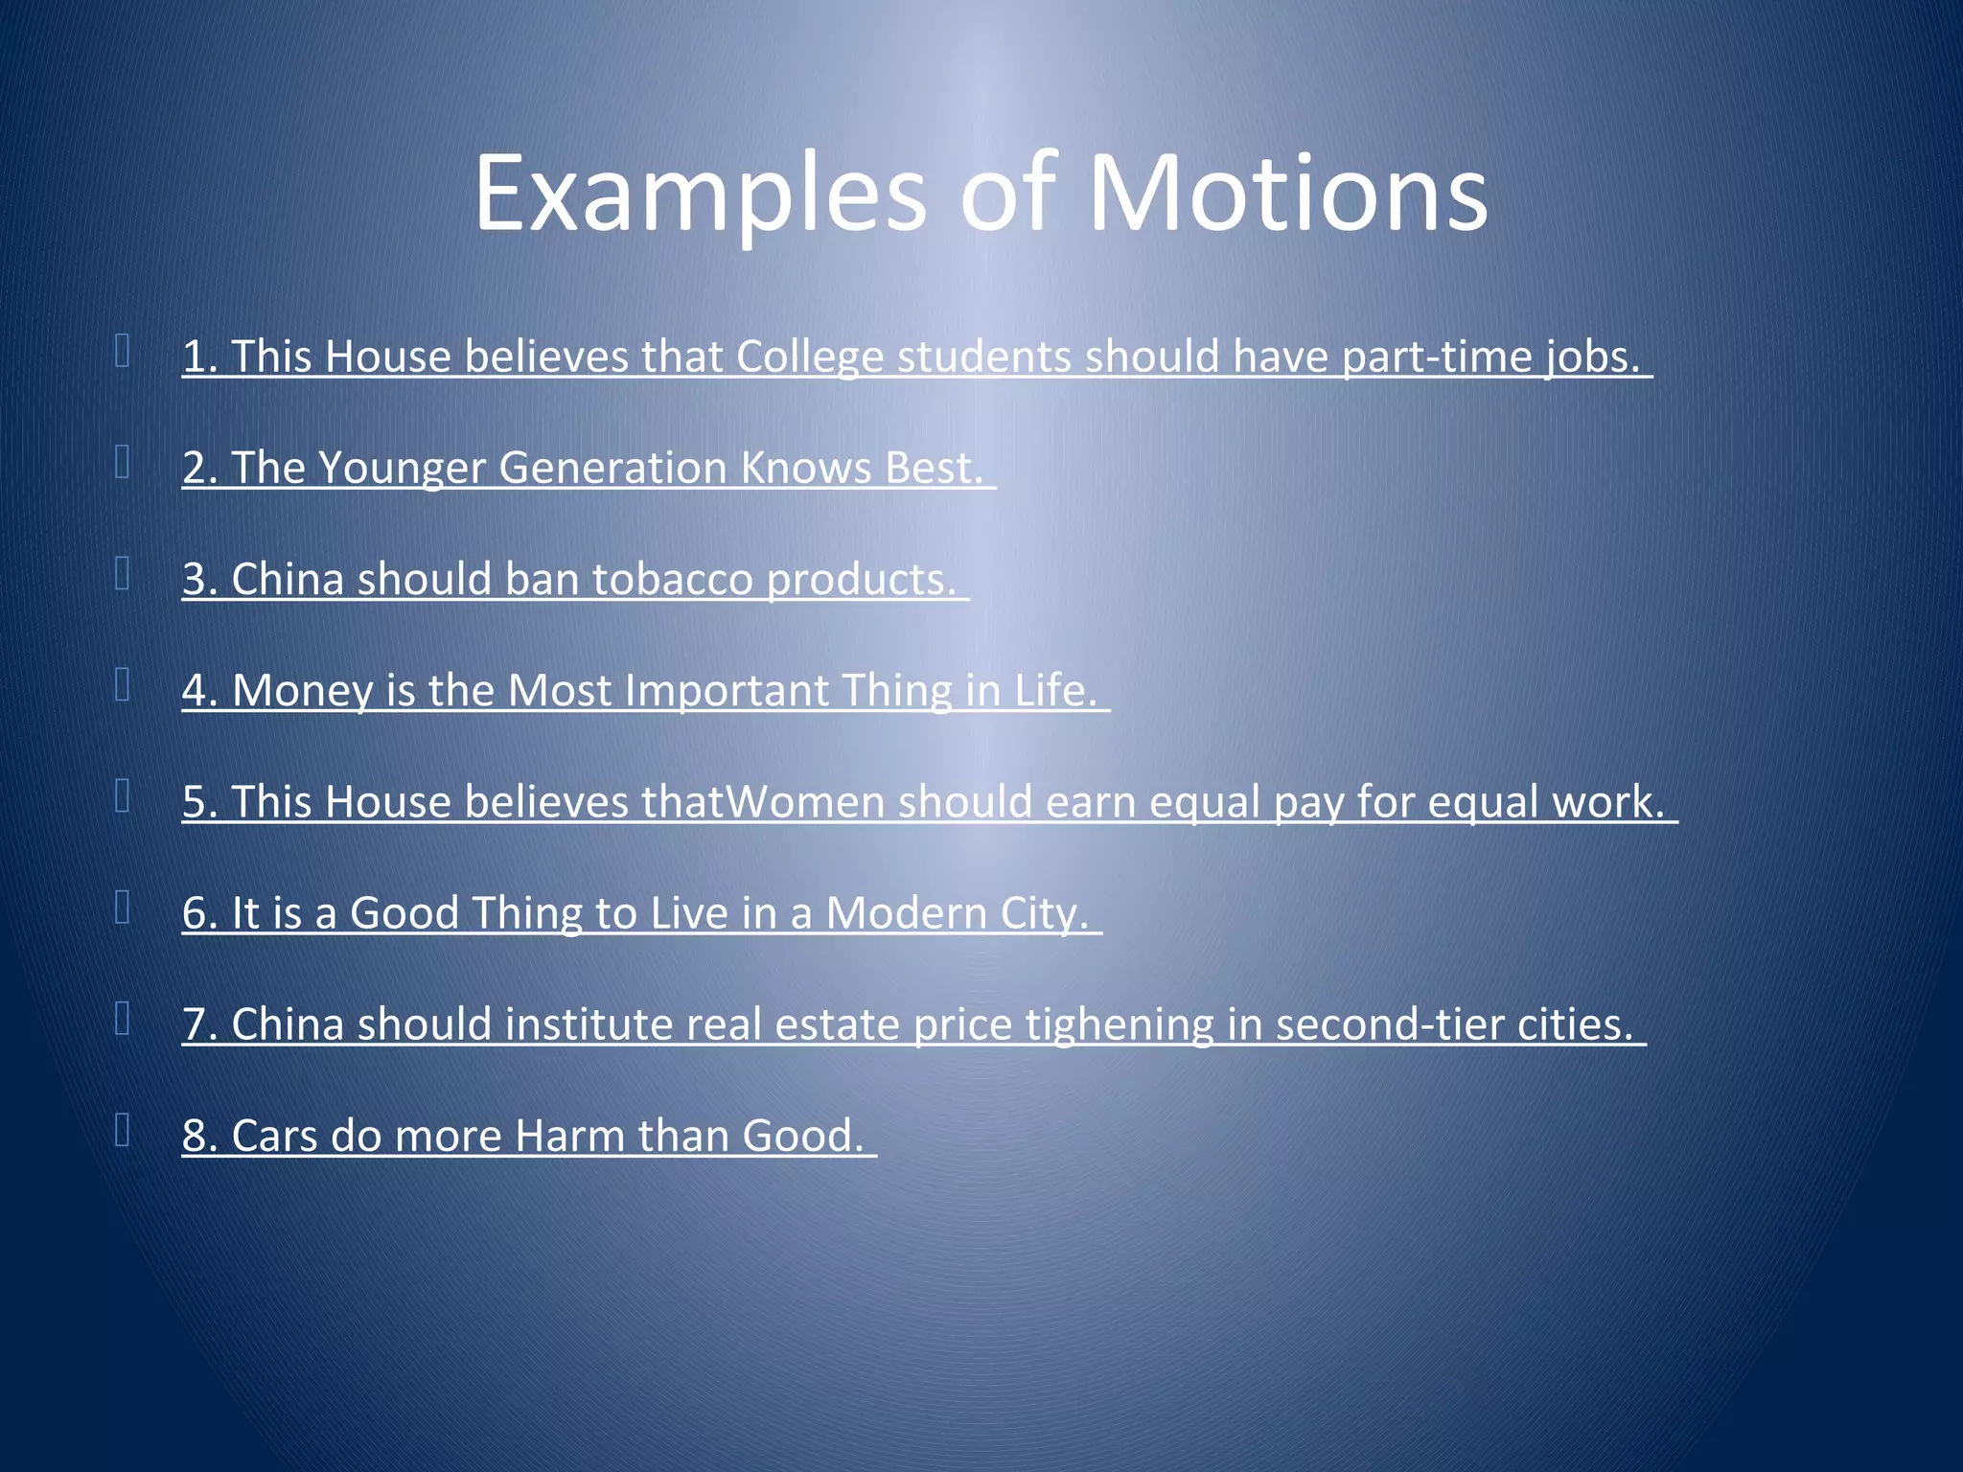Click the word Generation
click(x=612, y=469)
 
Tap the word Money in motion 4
click(x=303, y=691)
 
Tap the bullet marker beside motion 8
click(x=122, y=1130)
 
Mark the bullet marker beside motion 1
click(x=122, y=351)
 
